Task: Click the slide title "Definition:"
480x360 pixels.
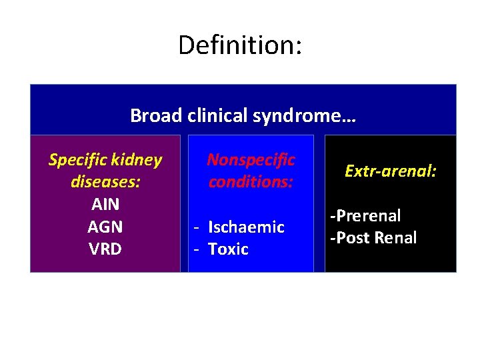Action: click(240, 45)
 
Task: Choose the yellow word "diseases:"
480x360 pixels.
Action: click(105, 182)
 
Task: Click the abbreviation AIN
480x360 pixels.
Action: click(105, 205)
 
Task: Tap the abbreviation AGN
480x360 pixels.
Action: click(105, 227)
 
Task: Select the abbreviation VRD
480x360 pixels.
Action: click(105, 249)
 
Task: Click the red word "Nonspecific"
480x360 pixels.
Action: click(251, 160)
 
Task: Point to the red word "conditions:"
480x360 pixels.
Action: click(251, 182)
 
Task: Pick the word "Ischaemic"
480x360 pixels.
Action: click(246, 227)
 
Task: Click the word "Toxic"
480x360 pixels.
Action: click(228, 249)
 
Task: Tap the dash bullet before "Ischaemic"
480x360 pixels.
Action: click(197, 227)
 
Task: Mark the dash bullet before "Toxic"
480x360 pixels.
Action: click(197, 250)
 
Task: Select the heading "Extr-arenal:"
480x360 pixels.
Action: click(391, 171)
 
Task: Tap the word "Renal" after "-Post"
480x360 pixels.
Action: click(396, 238)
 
